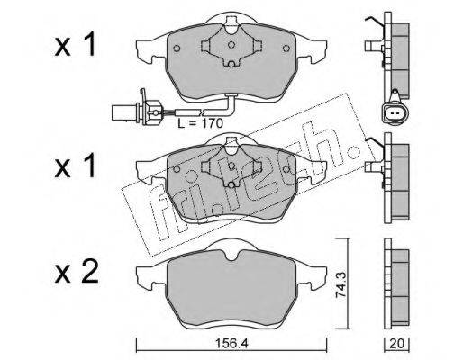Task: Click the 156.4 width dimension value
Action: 231,344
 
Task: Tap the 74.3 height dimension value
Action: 341,283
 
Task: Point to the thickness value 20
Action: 396,344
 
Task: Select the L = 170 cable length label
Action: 200,123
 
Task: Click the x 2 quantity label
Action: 77,272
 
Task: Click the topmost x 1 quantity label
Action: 75,44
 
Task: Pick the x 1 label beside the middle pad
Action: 75,165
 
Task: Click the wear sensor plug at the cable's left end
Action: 125,112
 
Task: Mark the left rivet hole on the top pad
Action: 177,49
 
